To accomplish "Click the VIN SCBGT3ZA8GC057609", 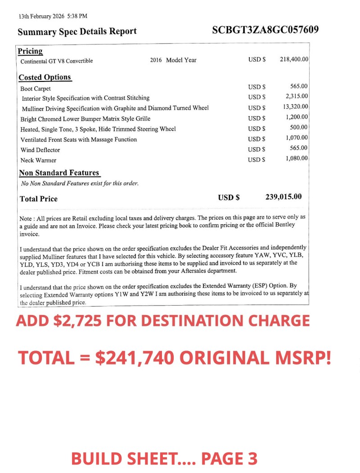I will (265, 30).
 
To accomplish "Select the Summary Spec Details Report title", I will (77, 32).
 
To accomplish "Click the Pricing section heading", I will (30, 51).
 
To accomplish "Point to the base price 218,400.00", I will (294, 59).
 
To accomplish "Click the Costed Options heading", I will (45, 77).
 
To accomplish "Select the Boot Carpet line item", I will (36, 89).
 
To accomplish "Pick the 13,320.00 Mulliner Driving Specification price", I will (296, 107).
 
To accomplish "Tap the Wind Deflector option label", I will (40, 150).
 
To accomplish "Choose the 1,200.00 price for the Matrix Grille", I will (297, 117).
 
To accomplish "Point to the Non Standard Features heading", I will (59, 173).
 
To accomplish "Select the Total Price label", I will (39, 198).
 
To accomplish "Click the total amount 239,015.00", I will (283, 197).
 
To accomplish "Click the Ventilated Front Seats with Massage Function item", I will (79, 140).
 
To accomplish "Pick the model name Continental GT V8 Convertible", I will (57, 61).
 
